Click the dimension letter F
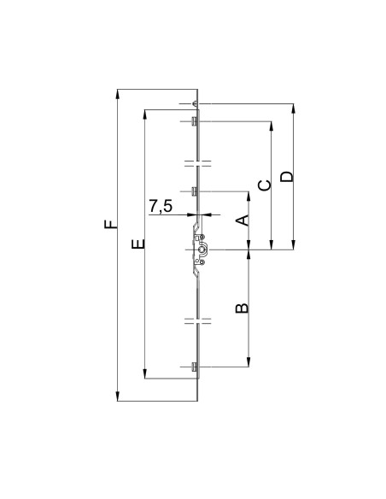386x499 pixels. click(x=110, y=224)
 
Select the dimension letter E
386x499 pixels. click(x=138, y=244)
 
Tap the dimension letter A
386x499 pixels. click(x=243, y=220)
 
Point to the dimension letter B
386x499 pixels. click(x=242, y=308)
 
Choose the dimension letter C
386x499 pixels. click(x=265, y=185)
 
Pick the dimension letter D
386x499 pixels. click(x=287, y=177)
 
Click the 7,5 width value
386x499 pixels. click(x=161, y=206)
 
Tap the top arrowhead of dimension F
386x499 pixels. click(x=117, y=95)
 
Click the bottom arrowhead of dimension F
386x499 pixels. click(x=117, y=396)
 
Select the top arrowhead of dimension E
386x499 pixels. click(x=144, y=115)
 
